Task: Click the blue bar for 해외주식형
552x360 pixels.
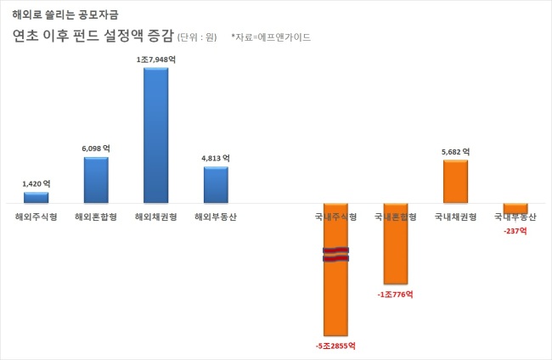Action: click(37, 198)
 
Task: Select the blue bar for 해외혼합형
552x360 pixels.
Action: click(96, 180)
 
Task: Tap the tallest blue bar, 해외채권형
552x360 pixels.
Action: click(156, 135)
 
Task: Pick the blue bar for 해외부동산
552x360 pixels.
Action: click(216, 185)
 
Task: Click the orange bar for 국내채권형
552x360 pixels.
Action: click(455, 182)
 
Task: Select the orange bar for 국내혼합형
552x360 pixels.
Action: click(396, 244)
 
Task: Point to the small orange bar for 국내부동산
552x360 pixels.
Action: click(515, 208)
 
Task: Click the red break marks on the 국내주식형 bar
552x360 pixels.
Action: click(335, 255)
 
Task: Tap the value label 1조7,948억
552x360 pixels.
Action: click(156, 59)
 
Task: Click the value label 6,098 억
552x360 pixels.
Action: click(96, 149)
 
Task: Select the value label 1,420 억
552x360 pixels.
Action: click(37, 183)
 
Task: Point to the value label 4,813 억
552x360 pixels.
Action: click(216, 159)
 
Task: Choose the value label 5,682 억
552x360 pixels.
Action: click(455, 152)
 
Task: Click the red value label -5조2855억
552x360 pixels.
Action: click(335, 346)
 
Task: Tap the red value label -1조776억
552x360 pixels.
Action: click(396, 294)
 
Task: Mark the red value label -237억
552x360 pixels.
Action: click(515, 231)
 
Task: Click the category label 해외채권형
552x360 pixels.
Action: click(156, 217)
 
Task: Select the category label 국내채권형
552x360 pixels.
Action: click(455, 217)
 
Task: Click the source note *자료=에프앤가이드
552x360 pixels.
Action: click(271, 37)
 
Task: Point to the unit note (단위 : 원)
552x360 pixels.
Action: click(197, 37)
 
